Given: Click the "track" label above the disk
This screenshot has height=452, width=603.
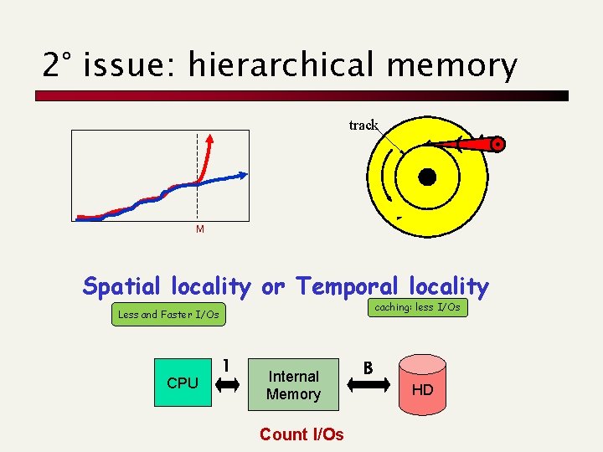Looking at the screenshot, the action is point(363,125).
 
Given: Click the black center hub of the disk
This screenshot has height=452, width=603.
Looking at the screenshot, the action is point(427,177).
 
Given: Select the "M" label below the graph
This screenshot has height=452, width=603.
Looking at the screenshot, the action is point(199,229).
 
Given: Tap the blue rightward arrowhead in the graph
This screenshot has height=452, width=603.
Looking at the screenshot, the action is point(243,175).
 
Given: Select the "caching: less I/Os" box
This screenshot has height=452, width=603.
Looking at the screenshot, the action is point(417,308).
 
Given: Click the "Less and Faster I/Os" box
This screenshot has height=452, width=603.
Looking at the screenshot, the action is point(169,315).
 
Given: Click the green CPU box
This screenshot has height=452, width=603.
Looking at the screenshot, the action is point(183,383).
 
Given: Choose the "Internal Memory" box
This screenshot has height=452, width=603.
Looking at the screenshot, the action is point(293,385).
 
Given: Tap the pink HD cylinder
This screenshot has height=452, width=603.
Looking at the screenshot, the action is point(422,385).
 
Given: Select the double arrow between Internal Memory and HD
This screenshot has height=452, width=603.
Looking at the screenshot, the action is point(368,384).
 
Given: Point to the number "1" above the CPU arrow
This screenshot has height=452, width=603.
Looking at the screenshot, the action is point(227,365).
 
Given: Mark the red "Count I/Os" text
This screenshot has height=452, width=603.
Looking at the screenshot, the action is point(301,434).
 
